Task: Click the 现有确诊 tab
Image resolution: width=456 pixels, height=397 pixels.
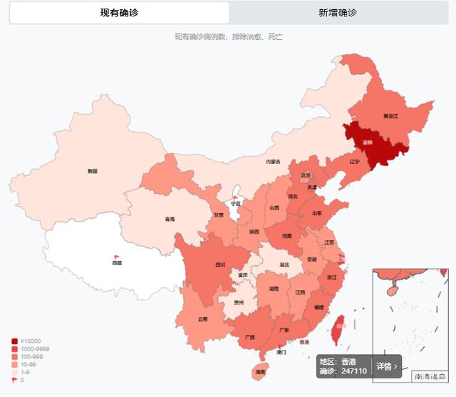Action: coord(119,13)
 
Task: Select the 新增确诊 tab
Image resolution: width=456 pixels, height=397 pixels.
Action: coord(338,13)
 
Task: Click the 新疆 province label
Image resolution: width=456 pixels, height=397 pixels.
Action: coord(92,171)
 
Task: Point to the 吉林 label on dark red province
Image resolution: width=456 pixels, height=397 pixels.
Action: coord(367,143)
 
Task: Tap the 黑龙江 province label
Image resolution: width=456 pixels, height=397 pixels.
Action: coord(390,115)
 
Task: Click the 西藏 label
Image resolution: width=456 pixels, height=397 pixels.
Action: coord(117,263)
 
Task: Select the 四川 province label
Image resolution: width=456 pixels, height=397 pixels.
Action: coord(221,265)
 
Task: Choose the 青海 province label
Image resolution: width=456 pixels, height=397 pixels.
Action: coord(170,219)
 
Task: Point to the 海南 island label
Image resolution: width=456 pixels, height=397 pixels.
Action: coord(260,372)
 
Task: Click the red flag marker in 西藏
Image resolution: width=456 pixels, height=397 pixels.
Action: coord(117,257)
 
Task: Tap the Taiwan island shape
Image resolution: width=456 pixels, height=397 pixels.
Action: coord(336,330)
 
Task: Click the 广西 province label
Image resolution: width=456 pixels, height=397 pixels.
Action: coord(249,337)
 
